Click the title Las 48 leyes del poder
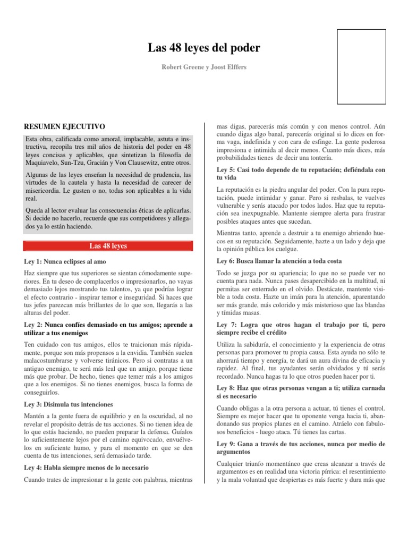click(204, 48)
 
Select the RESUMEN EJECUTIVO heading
click(65, 126)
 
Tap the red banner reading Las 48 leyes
click(108, 246)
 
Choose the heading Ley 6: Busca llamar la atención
click(279, 261)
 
